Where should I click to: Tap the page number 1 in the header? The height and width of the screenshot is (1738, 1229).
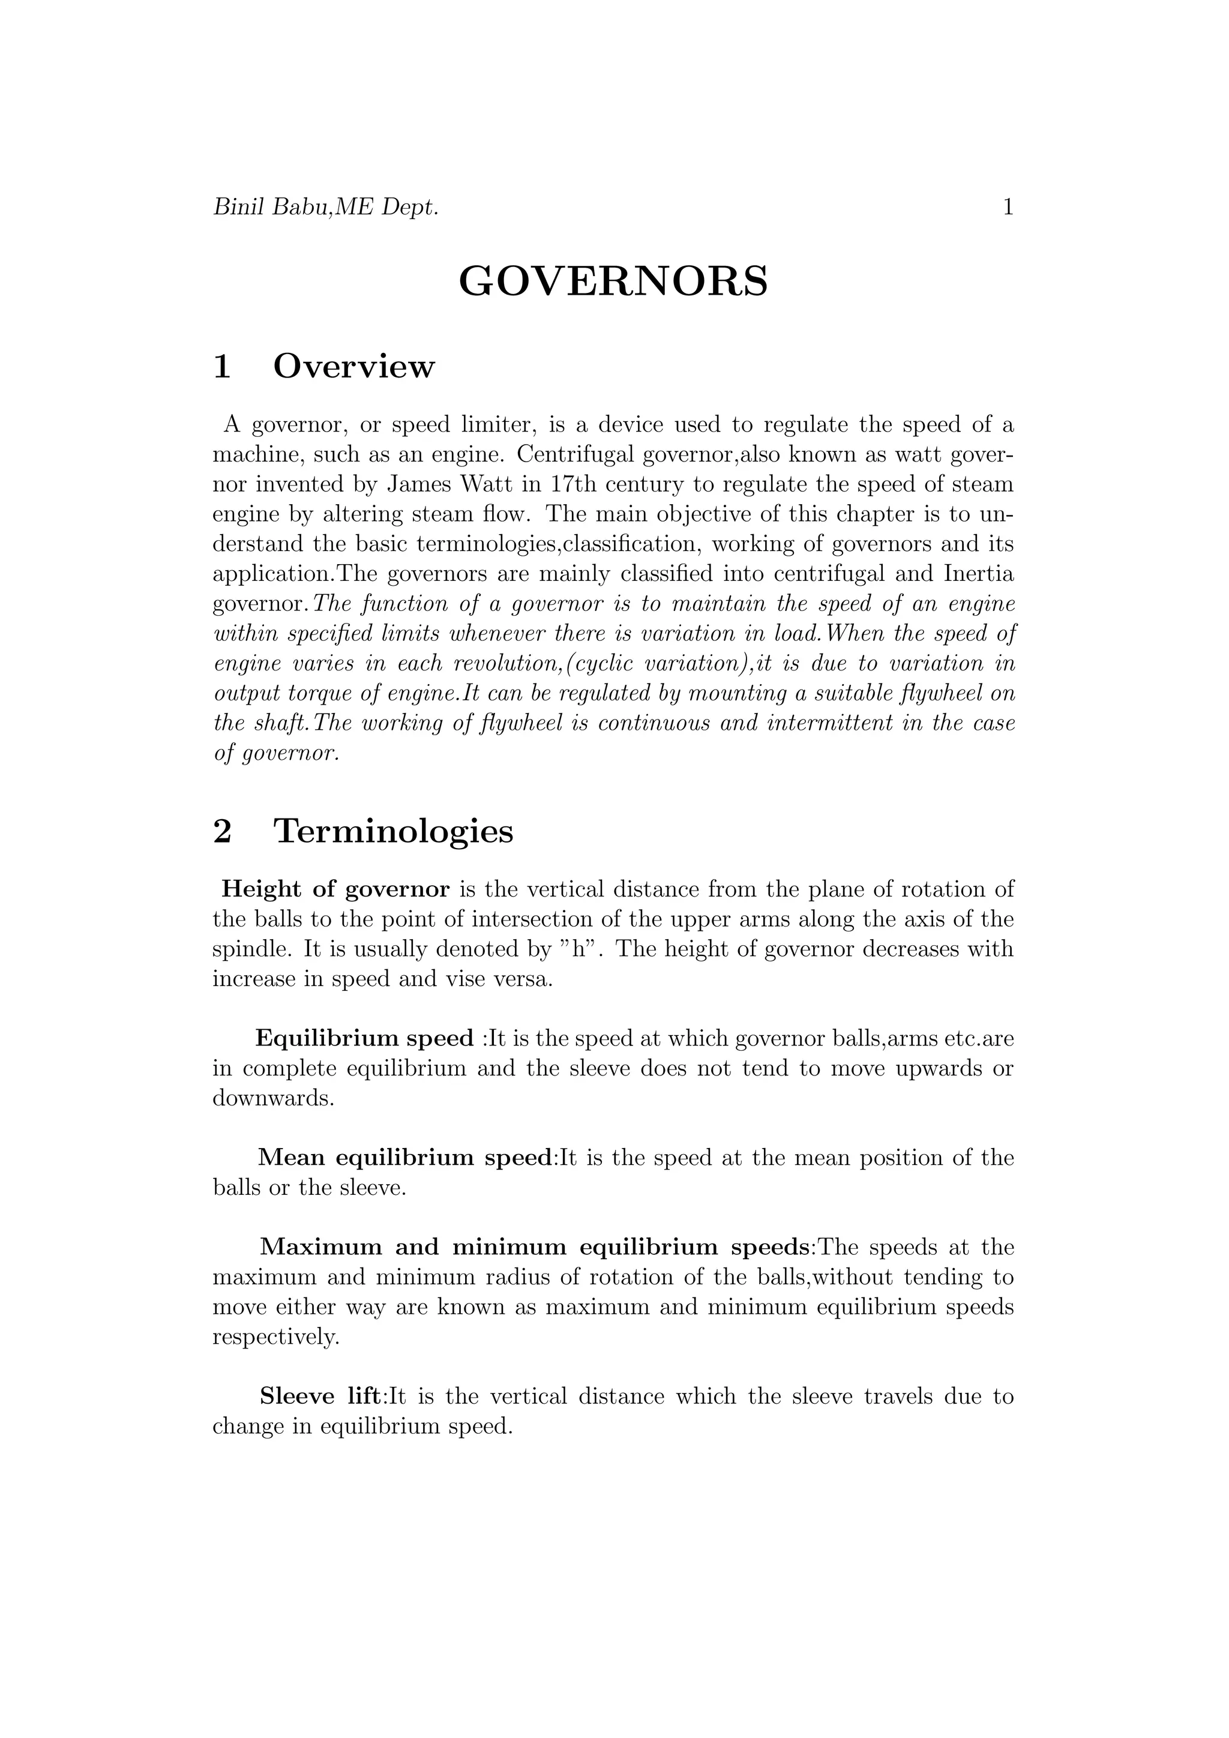[x=1008, y=208]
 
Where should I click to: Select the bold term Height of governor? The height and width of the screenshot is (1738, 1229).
[x=335, y=889]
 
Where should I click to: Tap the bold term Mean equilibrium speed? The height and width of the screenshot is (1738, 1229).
[x=406, y=1158]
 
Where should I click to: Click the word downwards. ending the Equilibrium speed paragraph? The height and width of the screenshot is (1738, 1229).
[x=273, y=1098]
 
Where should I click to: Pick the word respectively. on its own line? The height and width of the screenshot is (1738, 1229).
[x=276, y=1337]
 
